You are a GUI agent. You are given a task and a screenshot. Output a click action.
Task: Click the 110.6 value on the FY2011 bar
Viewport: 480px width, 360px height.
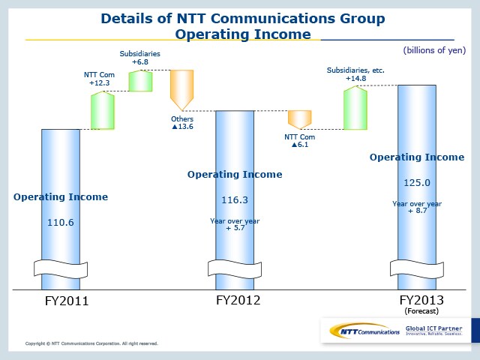click(x=61, y=223)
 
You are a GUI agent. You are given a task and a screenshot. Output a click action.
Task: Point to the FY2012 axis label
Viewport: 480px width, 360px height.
click(x=238, y=300)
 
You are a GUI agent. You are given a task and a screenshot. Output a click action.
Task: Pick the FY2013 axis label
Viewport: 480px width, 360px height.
click(x=419, y=299)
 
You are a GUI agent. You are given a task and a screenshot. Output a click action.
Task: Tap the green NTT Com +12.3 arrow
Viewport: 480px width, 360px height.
click(x=102, y=110)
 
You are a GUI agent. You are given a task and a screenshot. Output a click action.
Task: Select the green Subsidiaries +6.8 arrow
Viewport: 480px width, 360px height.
click(x=140, y=80)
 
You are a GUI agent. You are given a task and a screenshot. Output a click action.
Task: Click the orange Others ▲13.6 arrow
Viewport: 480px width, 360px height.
click(x=182, y=91)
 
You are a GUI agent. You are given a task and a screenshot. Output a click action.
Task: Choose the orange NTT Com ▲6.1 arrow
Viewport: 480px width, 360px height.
click(x=299, y=119)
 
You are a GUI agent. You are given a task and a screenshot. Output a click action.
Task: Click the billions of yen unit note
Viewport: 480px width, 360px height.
click(x=434, y=50)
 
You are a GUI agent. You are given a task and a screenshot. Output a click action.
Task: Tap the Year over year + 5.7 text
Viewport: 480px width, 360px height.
click(x=235, y=223)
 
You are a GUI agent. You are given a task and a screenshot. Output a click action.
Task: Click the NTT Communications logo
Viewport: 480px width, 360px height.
click(x=360, y=331)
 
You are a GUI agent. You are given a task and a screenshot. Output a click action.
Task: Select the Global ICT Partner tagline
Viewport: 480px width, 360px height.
click(x=433, y=330)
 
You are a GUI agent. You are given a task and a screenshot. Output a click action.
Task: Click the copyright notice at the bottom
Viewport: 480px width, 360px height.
click(x=91, y=343)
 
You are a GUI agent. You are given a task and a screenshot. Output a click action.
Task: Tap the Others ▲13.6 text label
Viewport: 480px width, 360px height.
click(x=182, y=123)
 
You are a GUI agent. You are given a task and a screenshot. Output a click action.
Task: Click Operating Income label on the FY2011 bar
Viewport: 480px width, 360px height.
click(x=61, y=197)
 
